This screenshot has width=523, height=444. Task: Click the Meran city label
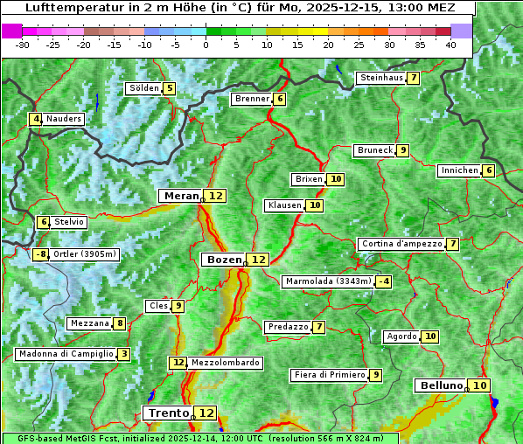[180, 196]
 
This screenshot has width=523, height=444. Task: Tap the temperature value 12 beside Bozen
[258, 260]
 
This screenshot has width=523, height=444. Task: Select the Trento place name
[168, 413]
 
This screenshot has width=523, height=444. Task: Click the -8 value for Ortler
[41, 254]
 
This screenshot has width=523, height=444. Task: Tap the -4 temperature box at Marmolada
[384, 281]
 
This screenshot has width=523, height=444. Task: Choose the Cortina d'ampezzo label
[401, 244]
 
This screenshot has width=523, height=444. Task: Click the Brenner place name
[252, 99]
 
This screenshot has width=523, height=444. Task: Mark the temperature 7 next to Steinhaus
[413, 78]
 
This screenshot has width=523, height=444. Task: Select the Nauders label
[64, 119]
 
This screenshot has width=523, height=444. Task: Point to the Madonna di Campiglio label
[66, 354]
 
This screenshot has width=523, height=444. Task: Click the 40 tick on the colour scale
[450, 44]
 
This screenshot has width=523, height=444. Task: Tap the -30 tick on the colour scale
[23, 44]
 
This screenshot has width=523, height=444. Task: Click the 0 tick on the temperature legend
[206, 44]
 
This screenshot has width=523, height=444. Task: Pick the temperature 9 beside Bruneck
[402, 150]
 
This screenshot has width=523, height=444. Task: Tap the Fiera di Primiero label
[329, 375]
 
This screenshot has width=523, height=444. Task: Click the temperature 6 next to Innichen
[489, 170]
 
